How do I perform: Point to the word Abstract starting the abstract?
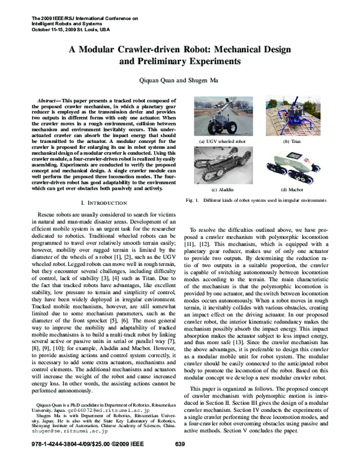[x=50, y=97]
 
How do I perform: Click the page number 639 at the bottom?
[x=179, y=461]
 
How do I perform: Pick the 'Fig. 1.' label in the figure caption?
[x=193, y=199]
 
